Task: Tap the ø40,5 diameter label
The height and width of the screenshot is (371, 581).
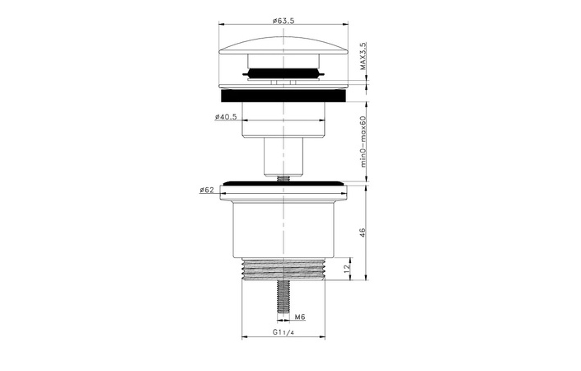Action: (226, 117)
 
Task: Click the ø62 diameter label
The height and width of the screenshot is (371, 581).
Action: (207, 190)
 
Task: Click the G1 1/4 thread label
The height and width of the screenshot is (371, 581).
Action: (285, 332)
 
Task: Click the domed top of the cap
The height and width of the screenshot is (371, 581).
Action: (285, 37)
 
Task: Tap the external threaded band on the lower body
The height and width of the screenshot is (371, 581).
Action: (285, 269)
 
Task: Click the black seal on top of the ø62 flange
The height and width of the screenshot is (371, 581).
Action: (285, 183)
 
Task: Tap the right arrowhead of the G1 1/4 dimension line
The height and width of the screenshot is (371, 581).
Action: (329, 337)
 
